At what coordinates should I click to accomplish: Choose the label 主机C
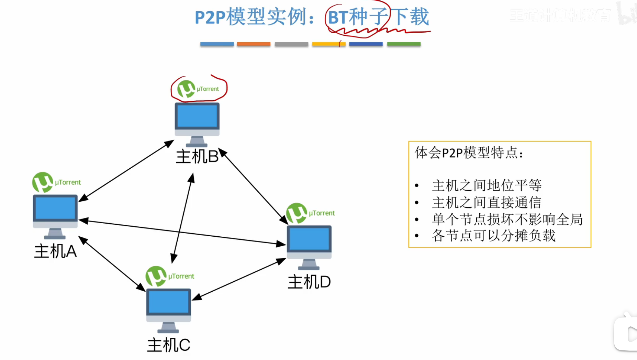click(x=168, y=345)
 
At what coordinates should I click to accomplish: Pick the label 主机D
click(x=309, y=282)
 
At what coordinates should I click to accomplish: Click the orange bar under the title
click(x=254, y=44)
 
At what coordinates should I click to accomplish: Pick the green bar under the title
click(x=404, y=44)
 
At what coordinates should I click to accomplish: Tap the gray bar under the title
click(x=291, y=44)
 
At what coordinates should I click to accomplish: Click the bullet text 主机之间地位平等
click(x=487, y=185)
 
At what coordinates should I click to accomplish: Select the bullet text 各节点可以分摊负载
click(x=493, y=236)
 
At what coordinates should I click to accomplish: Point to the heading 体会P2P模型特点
click(x=469, y=153)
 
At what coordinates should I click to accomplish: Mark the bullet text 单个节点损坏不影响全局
click(x=507, y=219)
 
